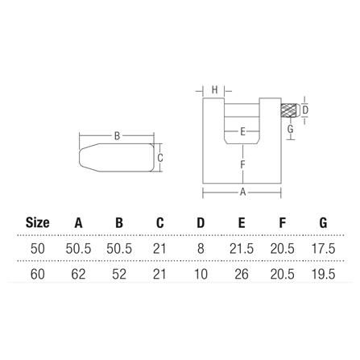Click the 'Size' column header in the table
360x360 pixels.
37,222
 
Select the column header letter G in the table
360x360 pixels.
323,222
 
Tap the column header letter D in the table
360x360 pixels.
201,222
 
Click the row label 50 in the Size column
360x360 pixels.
37,249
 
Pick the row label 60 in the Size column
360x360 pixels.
37,274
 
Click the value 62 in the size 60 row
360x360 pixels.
78,274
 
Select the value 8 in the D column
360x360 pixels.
201,249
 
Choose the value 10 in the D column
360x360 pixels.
201,274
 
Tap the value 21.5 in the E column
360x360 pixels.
242,249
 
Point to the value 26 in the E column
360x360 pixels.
242,274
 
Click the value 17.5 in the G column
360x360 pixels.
323,249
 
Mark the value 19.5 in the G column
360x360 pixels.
323,274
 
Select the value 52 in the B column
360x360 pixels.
119,274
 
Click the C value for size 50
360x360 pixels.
159,249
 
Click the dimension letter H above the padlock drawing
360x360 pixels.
215,90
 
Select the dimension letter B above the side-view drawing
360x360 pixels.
117,136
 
